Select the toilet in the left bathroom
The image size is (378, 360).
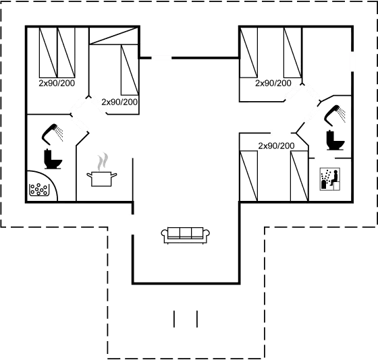51,157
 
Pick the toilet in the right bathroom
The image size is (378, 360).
333,139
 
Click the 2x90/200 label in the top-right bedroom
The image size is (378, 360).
273,84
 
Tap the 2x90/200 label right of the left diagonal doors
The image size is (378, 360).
119,102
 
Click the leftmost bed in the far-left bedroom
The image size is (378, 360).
46,52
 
